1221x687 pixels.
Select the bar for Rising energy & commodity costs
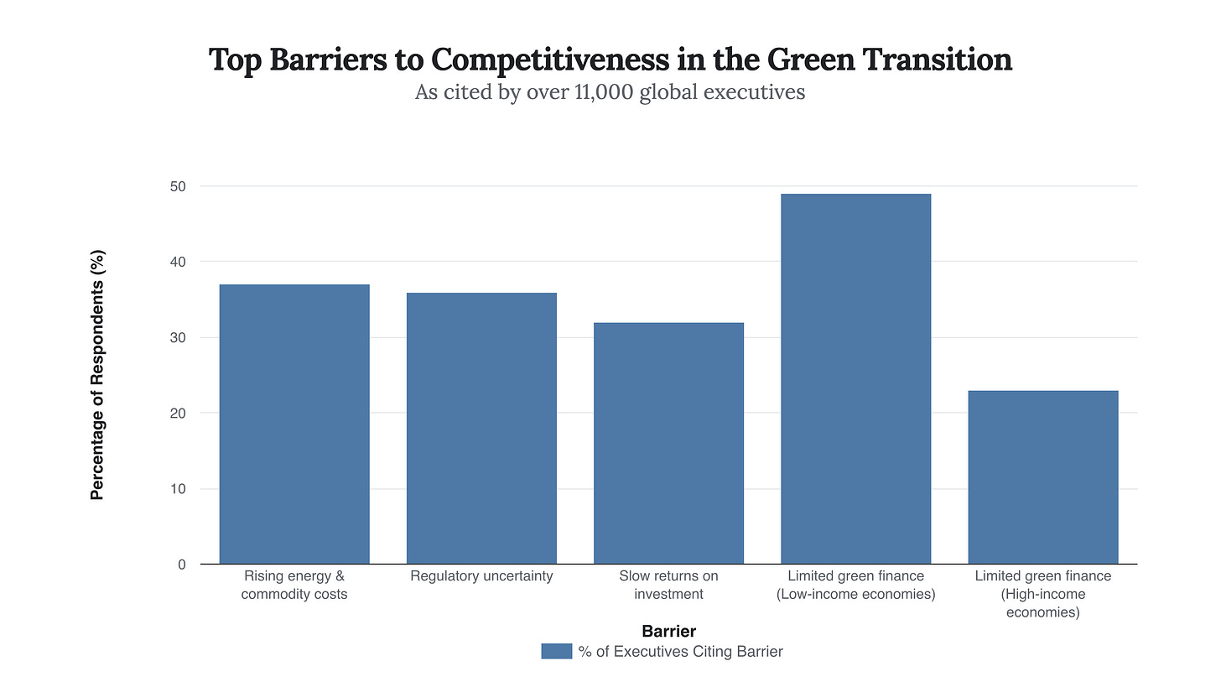294,424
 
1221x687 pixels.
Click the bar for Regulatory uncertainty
481,429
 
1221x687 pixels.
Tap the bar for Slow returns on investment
668,444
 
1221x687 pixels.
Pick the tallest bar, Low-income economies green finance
855,379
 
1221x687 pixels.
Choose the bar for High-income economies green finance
1042,477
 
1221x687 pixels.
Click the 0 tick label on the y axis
181,565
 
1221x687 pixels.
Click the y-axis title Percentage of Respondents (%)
97,375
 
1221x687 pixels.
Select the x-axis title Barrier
668,631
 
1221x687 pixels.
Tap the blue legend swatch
557,652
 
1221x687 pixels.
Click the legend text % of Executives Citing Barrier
680,652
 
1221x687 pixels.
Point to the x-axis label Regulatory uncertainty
481,576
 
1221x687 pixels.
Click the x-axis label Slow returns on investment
668,585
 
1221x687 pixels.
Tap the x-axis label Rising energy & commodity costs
294,585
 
